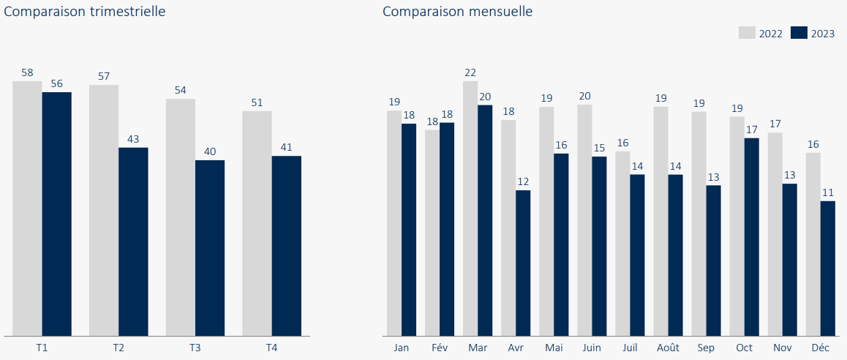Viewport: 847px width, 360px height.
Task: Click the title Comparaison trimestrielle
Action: coord(85,12)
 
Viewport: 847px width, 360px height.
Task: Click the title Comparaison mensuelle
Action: coord(457,12)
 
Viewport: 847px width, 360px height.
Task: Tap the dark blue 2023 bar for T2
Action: coord(133,241)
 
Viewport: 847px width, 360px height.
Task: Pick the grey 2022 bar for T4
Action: coord(257,223)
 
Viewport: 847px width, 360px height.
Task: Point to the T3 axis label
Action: coord(195,348)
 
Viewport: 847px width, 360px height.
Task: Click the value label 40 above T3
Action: coord(210,151)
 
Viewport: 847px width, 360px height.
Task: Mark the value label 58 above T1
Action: coord(27,72)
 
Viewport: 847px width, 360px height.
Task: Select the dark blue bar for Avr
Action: coord(523,263)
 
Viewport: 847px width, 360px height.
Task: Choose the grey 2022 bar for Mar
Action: coord(470,209)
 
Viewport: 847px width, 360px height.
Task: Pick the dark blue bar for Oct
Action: coord(751,237)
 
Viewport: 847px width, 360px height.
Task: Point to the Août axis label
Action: coord(668,348)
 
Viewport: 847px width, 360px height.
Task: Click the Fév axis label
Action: coord(440,348)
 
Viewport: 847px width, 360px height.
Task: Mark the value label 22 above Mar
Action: coord(470,72)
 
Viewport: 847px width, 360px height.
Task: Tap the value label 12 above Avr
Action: coord(523,181)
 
